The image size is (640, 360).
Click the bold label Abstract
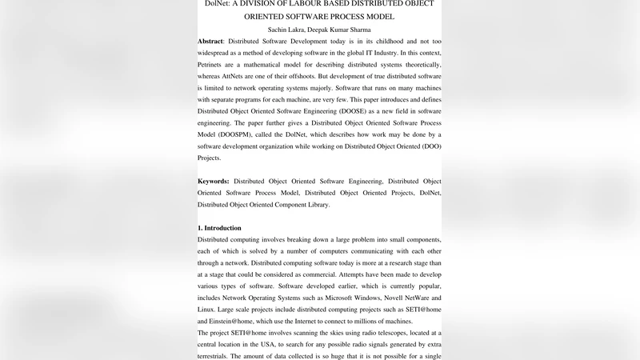click(x=210, y=41)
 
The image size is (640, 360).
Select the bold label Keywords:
click(x=214, y=182)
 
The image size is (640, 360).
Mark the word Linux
click(x=207, y=309)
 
